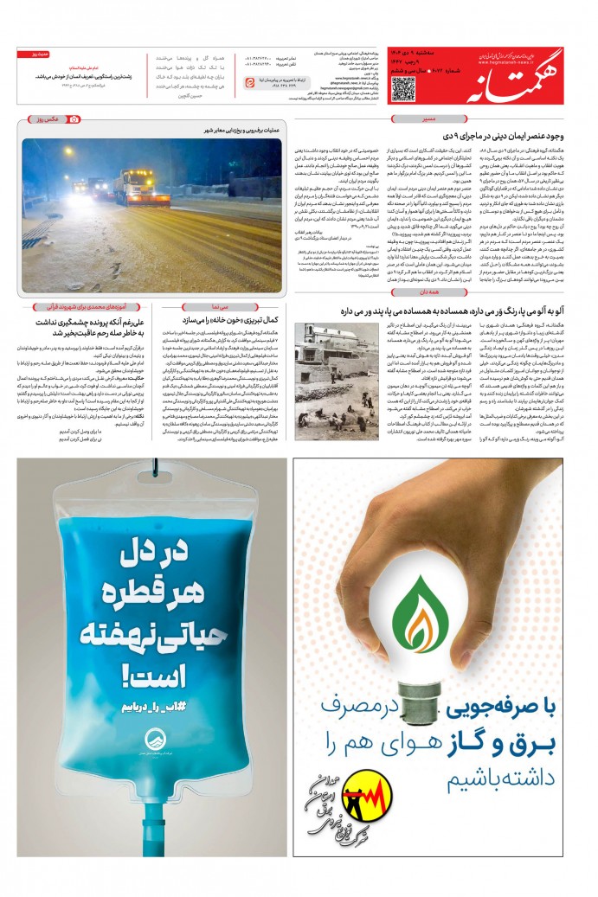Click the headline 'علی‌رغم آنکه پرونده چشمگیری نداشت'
(x=81, y=309)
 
